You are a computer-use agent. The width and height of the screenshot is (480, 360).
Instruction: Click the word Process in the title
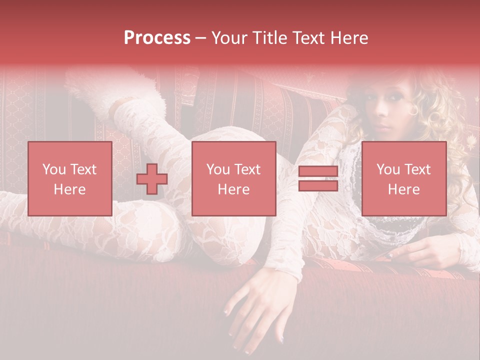coord(157,38)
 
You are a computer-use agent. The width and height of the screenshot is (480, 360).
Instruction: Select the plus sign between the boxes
coord(152,178)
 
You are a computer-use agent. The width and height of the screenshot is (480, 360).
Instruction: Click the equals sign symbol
coord(318,178)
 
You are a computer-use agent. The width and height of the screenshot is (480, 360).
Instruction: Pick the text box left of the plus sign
coord(70,178)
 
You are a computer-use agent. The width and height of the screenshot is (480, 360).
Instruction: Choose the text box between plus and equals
coord(233,178)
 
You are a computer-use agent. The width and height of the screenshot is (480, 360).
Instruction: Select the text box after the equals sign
coord(403,178)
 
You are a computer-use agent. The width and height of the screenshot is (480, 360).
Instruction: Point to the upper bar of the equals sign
coord(318,172)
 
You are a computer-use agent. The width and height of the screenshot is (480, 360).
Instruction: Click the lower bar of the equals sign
coord(318,185)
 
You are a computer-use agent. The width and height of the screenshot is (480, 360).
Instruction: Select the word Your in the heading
coord(229,38)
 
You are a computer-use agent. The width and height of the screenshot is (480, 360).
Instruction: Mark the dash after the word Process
coord(200,38)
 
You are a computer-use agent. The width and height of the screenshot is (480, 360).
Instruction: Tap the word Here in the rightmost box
coord(403,189)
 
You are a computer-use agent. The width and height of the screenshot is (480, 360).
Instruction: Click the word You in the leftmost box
coord(53,169)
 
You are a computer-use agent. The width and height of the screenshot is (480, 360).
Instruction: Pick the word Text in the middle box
coord(247,169)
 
